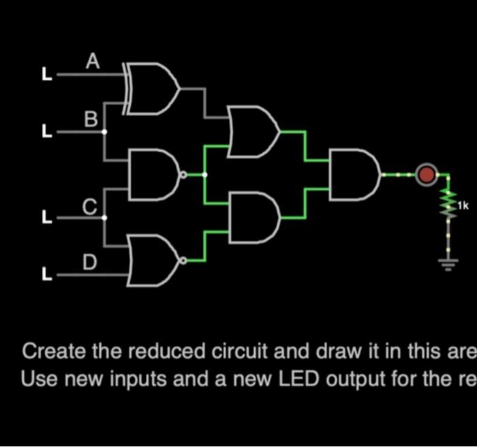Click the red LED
(x=427, y=175)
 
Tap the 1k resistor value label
(x=463, y=205)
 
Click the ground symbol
(x=448, y=264)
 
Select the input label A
(x=93, y=62)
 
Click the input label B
(x=91, y=119)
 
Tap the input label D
(x=90, y=261)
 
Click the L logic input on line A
(x=46, y=74)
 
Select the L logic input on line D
(x=46, y=274)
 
